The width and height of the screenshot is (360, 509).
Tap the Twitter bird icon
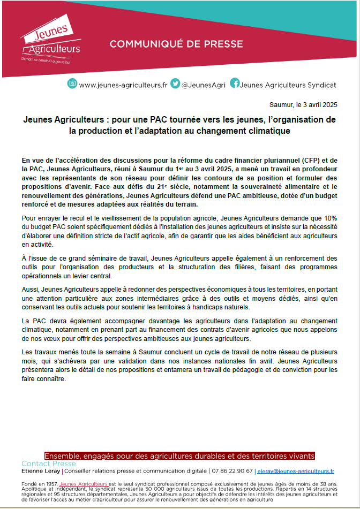175,83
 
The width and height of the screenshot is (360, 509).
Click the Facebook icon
235,83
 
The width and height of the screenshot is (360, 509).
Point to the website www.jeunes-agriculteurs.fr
123,85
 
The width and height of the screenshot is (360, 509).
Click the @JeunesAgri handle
203,85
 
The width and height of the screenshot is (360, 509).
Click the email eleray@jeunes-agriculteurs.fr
296,471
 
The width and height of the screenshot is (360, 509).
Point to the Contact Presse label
49,464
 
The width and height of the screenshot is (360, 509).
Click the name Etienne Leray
41,471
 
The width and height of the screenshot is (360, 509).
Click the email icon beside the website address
72,83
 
